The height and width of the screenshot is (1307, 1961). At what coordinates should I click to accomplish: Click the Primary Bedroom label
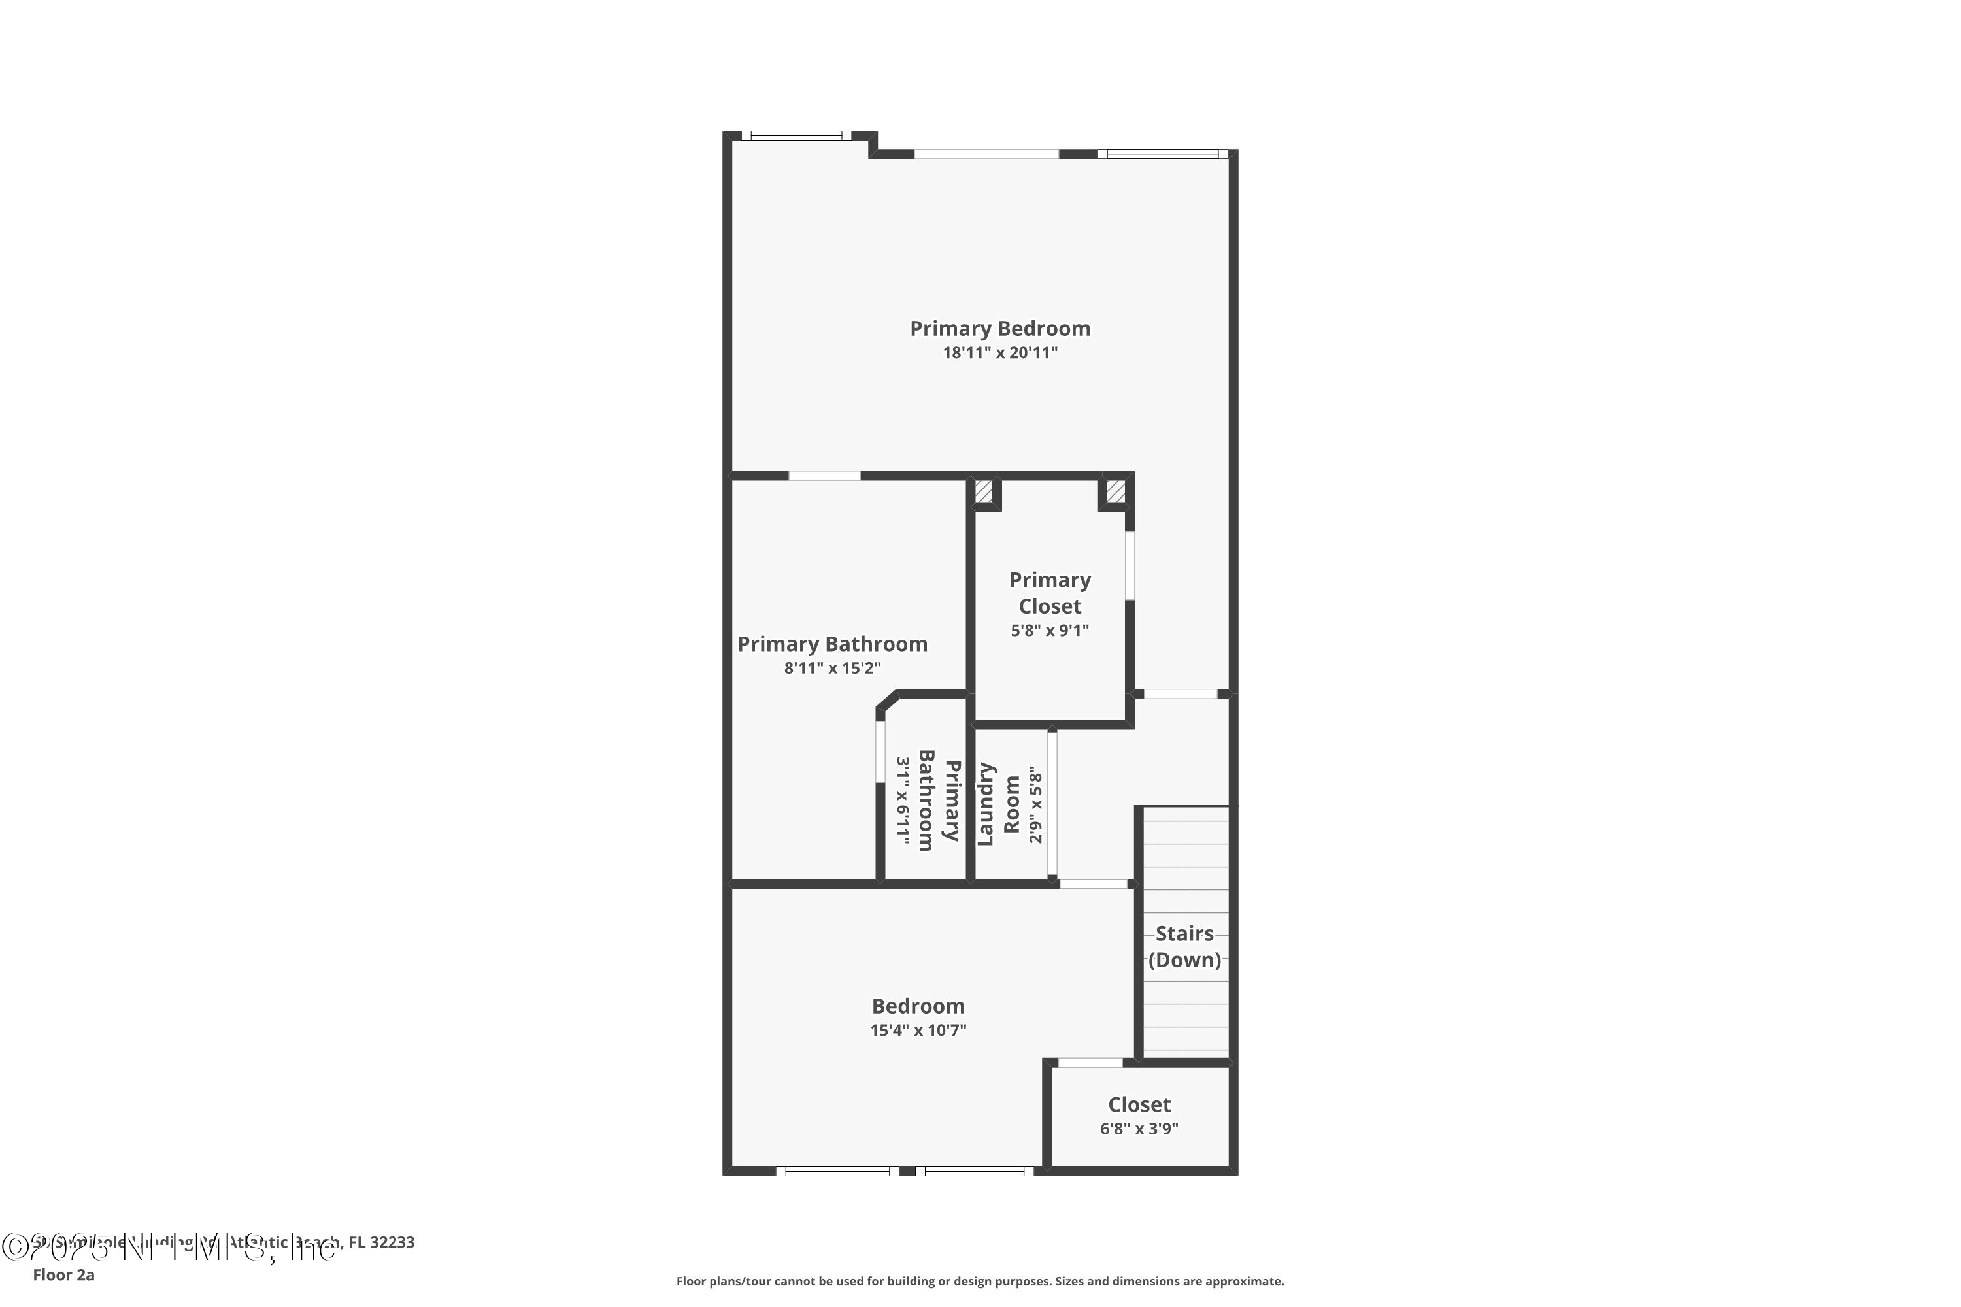point(999,329)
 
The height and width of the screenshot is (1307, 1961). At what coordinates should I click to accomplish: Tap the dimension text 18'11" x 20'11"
point(999,353)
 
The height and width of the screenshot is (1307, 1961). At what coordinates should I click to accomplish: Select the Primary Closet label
point(1050,593)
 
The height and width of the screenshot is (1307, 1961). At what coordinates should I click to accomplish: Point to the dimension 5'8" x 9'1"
point(1050,630)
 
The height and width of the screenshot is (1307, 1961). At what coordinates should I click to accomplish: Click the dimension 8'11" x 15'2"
point(832,668)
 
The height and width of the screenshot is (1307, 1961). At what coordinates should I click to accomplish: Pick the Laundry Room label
point(998,804)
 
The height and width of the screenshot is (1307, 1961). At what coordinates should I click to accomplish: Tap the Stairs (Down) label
point(1184,946)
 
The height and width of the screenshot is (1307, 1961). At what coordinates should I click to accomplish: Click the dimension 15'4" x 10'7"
point(918,1031)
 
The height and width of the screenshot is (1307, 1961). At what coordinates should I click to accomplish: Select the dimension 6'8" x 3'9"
point(1139,1129)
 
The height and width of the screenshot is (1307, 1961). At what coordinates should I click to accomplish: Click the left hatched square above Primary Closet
point(984,491)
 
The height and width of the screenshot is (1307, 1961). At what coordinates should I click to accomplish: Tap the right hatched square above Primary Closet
point(1116,491)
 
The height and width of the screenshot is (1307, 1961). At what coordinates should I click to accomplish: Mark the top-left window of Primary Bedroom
point(796,135)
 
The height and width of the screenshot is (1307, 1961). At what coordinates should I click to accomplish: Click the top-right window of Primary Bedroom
point(1162,154)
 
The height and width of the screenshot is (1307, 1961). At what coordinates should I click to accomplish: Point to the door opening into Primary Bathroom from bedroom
point(824,476)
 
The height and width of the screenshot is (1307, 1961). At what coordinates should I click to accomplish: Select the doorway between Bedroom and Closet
point(1090,1062)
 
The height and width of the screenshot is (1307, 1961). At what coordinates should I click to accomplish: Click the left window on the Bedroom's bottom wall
point(837,1171)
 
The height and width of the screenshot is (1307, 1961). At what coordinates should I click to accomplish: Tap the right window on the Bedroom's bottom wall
point(974,1171)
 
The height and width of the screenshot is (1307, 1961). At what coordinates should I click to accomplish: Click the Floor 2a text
point(63,1274)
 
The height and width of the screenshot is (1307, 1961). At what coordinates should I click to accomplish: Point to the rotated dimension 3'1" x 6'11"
point(903,800)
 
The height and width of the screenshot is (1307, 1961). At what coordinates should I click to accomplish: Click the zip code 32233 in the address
point(392,1242)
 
